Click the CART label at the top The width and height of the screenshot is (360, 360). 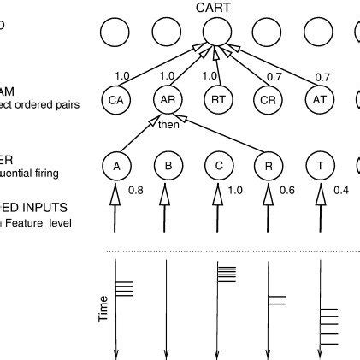pos(217,9)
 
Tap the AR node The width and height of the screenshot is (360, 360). pos(167,100)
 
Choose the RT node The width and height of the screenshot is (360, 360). pos(218,100)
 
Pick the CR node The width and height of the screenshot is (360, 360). pos(269,100)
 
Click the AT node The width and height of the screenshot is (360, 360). pos(319,100)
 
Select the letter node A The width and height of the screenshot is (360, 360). pos(115,164)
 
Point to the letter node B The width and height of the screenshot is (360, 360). pos(167,164)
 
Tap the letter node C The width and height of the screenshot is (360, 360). pos(218,164)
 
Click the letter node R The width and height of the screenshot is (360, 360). pos(269,164)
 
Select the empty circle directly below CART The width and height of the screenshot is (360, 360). pos(218,35)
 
